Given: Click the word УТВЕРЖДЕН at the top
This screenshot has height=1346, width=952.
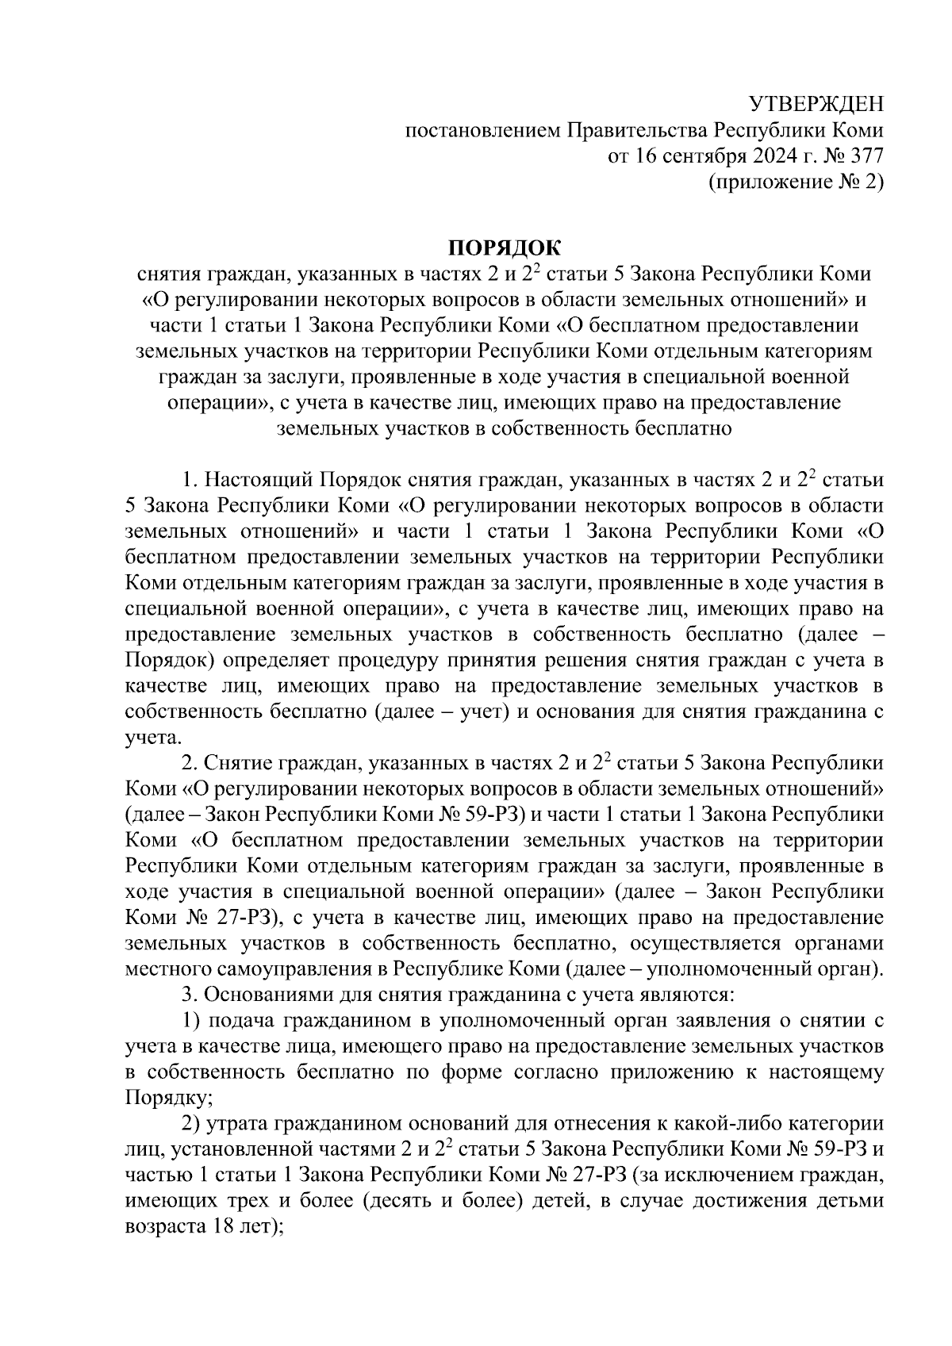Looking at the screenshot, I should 816,104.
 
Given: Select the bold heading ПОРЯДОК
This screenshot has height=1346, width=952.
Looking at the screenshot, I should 505,248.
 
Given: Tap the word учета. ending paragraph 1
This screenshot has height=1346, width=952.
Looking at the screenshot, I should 148,738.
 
